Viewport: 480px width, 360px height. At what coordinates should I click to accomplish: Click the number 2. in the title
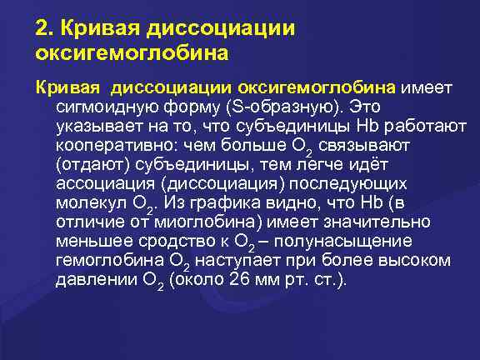pos(44,28)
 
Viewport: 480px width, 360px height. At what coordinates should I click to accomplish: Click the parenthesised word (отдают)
pos(92,165)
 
